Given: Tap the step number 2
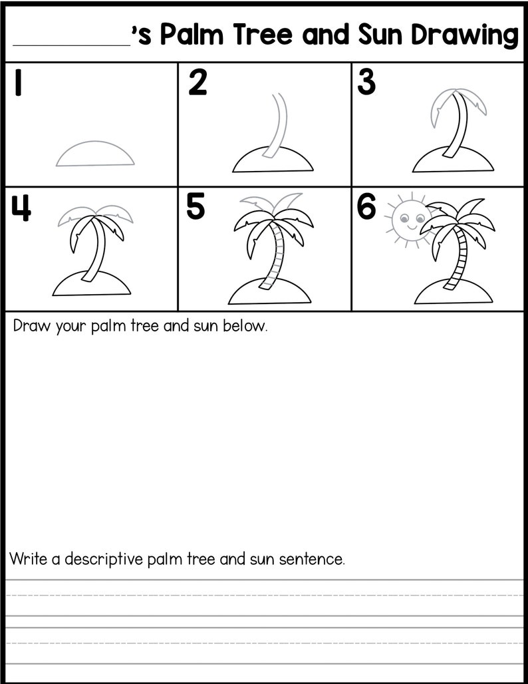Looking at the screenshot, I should pyautogui.click(x=198, y=84).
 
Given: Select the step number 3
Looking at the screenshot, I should pyautogui.click(x=366, y=83).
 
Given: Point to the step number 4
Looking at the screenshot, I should pyautogui.click(x=22, y=208).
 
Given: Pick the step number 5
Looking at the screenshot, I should pyautogui.click(x=195, y=207).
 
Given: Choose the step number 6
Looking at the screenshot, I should pyautogui.click(x=366, y=207).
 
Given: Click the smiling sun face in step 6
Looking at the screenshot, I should pyautogui.click(x=406, y=218).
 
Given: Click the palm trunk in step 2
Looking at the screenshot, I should pyautogui.click(x=277, y=126).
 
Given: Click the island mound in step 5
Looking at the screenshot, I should pyautogui.click(x=269, y=293).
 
